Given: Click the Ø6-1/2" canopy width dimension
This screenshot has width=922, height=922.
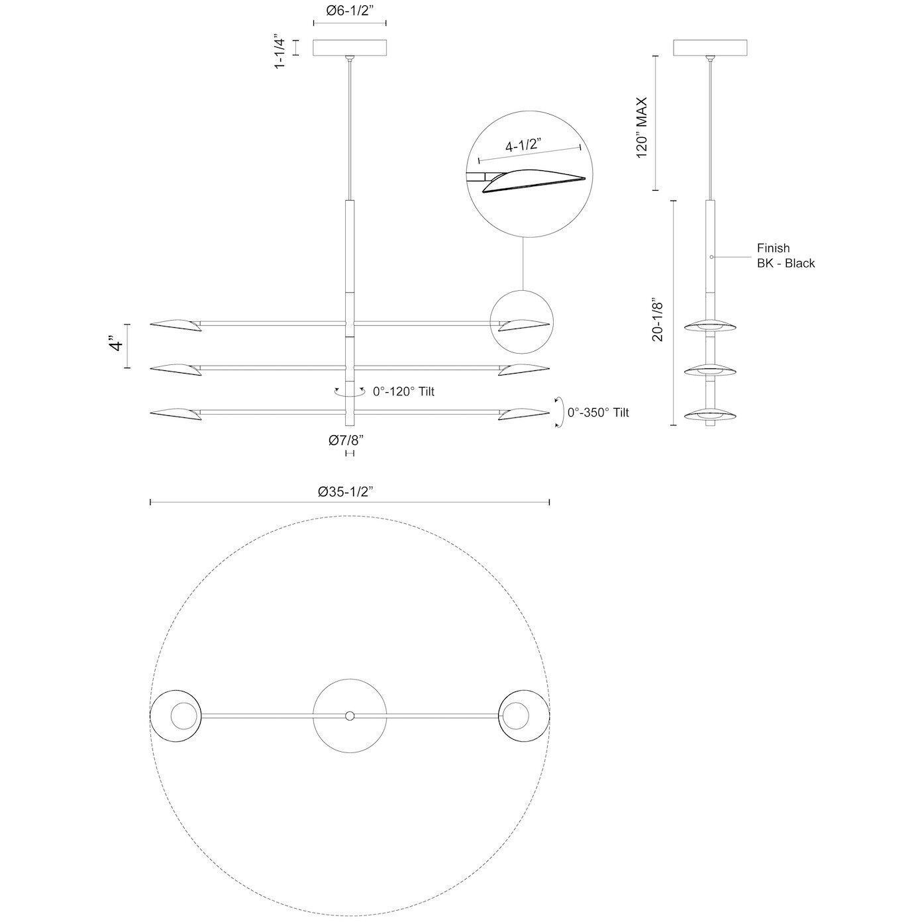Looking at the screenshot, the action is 349,11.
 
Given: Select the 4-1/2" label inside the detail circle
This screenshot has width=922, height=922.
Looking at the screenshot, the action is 523,145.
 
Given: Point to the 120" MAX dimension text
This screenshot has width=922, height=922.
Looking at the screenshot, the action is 642,127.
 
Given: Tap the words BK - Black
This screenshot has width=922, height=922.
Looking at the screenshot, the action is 786,263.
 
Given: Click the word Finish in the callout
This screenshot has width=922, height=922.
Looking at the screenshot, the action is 773,248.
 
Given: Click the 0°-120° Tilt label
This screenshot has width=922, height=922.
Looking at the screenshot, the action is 403,391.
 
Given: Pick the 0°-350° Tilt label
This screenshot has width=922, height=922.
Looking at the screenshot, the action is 598,412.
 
